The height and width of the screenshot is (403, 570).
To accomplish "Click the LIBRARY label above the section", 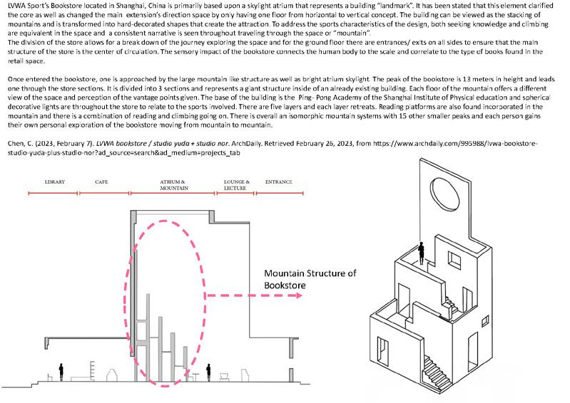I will [54, 182].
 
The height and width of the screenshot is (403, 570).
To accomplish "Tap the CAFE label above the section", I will [102, 182].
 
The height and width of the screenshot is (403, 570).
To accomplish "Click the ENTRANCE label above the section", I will [278, 182].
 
